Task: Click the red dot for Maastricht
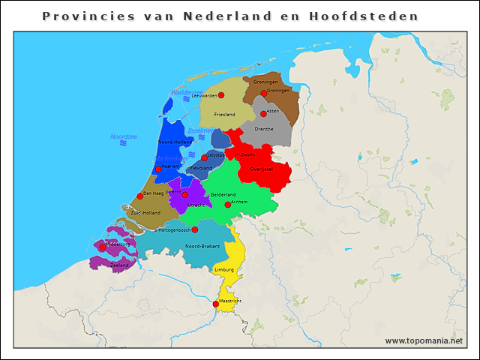[216, 304]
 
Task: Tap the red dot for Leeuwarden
[221, 95]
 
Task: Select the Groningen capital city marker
[264, 94]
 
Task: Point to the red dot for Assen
[263, 114]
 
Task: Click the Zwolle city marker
[238, 157]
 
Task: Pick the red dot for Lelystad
[204, 157]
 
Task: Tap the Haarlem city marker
[158, 169]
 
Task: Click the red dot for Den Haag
[139, 196]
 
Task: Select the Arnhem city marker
[228, 204]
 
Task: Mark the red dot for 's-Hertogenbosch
[195, 229]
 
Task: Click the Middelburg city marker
[103, 247]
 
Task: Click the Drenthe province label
[264, 129]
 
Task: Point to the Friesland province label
[224, 114]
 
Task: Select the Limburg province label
[224, 268]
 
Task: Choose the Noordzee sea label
[123, 136]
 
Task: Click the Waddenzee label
[187, 92]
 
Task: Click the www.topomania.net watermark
[424, 340]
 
